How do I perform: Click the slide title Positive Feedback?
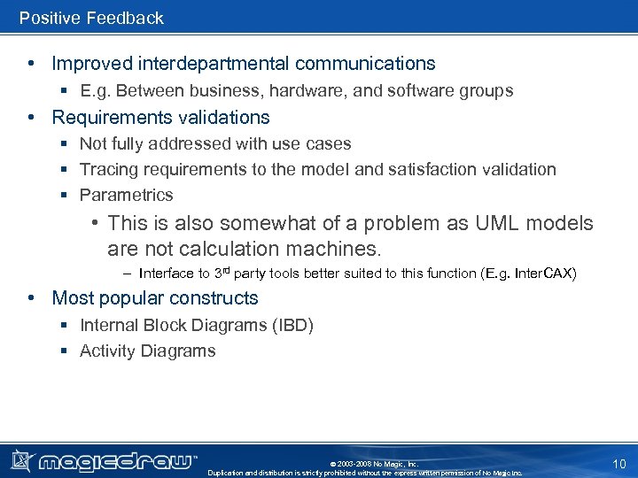point(91,18)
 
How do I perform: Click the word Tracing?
point(106,169)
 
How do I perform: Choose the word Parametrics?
point(126,195)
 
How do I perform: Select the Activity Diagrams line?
point(147,351)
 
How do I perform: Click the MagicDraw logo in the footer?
point(105,460)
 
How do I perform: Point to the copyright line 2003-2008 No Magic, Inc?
point(373,463)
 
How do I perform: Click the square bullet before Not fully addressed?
point(65,144)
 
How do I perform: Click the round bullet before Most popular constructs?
point(31,298)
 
